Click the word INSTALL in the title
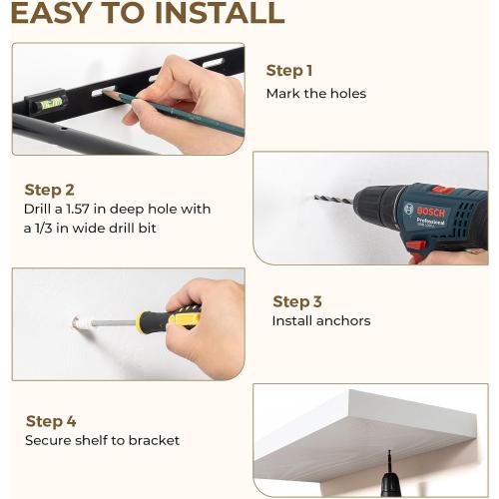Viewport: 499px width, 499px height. point(220,13)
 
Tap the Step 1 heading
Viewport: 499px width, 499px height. point(289,71)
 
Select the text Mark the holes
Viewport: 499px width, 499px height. point(316,94)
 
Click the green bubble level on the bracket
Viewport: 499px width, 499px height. point(51,103)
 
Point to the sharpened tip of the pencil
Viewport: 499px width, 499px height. point(104,92)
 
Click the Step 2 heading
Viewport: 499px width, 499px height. point(49,190)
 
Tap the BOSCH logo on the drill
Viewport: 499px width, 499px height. point(431,212)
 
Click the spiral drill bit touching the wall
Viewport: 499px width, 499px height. point(333,200)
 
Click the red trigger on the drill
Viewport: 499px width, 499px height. point(416,247)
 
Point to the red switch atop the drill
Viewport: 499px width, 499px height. point(443,191)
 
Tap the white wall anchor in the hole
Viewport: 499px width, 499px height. point(82,322)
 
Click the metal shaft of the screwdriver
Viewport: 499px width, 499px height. point(114,322)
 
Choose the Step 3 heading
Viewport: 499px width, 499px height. point(297,302)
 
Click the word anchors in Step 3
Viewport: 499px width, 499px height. point(343,321)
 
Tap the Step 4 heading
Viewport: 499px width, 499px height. point(51,421)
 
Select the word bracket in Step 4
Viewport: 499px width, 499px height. point(154,440)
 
